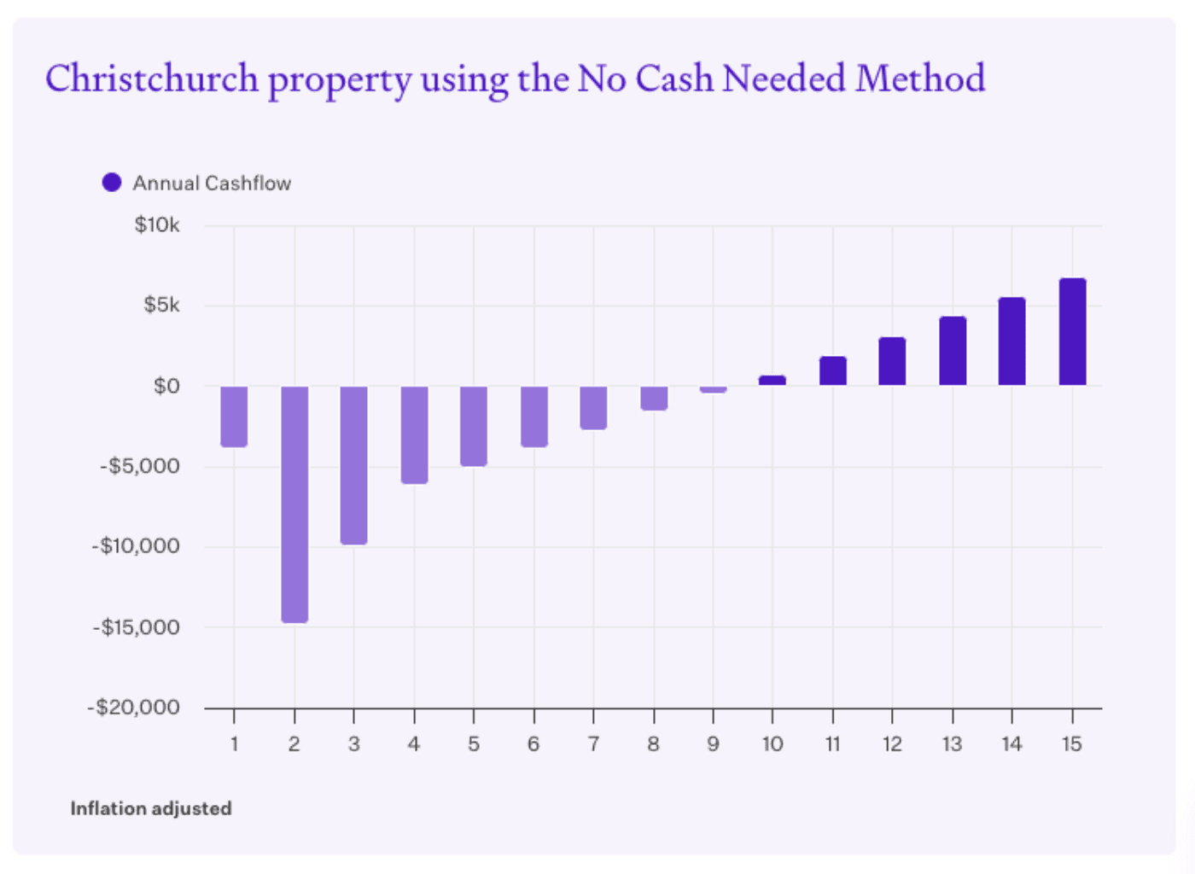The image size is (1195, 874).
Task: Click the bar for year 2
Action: (294, 504)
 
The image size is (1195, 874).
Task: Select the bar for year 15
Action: (1072, 332)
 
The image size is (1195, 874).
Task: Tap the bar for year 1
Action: (234, 416)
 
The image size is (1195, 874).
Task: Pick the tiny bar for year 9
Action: (713, 389)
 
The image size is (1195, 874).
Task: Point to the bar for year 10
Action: (772, 381)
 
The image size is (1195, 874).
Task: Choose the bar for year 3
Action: (353, 464)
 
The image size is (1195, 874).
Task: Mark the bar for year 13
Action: (953, 351)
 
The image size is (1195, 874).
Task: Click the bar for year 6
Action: (534, 416)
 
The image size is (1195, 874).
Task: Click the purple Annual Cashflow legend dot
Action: (112, 183)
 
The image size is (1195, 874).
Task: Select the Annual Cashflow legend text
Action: (212, 184)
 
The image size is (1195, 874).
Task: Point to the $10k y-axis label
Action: (157, 225)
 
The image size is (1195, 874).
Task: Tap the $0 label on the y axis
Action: (166, 387)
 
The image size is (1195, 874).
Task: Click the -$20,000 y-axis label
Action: (134, 708)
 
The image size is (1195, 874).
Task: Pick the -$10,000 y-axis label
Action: (137, 546)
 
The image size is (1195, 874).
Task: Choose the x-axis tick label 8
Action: (653, 744)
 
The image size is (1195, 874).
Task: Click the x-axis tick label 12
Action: (892, 744)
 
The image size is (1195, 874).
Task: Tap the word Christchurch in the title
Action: (152, 79)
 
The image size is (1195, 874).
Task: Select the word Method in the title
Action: (920, 79)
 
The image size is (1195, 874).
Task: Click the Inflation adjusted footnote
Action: (151, 808)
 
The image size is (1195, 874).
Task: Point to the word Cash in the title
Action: (674, 79)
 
